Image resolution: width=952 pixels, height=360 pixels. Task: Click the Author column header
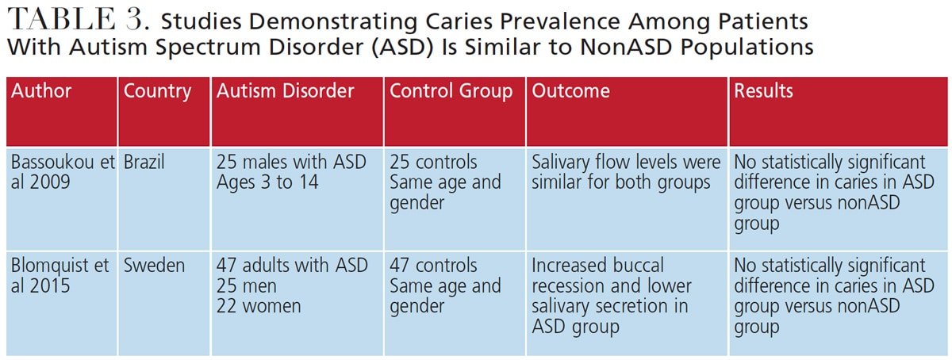[x=41, y=91]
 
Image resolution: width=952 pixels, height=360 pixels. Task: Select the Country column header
[x=158, y=91]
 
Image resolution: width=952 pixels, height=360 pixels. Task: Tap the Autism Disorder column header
[x=286, y=91]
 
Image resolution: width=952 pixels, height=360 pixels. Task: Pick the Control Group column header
[x=451, y=91]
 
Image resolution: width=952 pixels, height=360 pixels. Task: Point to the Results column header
[x=763, y=91]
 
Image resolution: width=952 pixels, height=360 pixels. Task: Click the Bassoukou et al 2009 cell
[x=60, y=173]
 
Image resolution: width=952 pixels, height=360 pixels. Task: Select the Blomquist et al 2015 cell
[x=60, y=275]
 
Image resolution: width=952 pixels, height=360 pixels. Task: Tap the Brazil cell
[x=144, y=163]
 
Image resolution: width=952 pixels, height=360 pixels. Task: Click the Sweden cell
[x=155, y=265]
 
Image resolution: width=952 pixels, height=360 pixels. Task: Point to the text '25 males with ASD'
[x=291, y=163]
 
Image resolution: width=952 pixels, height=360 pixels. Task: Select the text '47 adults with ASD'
[x=293, y=265]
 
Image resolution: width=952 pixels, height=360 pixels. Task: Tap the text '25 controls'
[x=433, y=163]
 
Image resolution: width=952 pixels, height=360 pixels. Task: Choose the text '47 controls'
[x=433, y=265]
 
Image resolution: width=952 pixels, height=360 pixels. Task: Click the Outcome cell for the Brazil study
[x=626, y=173]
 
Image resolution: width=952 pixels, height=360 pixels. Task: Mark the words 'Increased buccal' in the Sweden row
[x=597, y=265]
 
